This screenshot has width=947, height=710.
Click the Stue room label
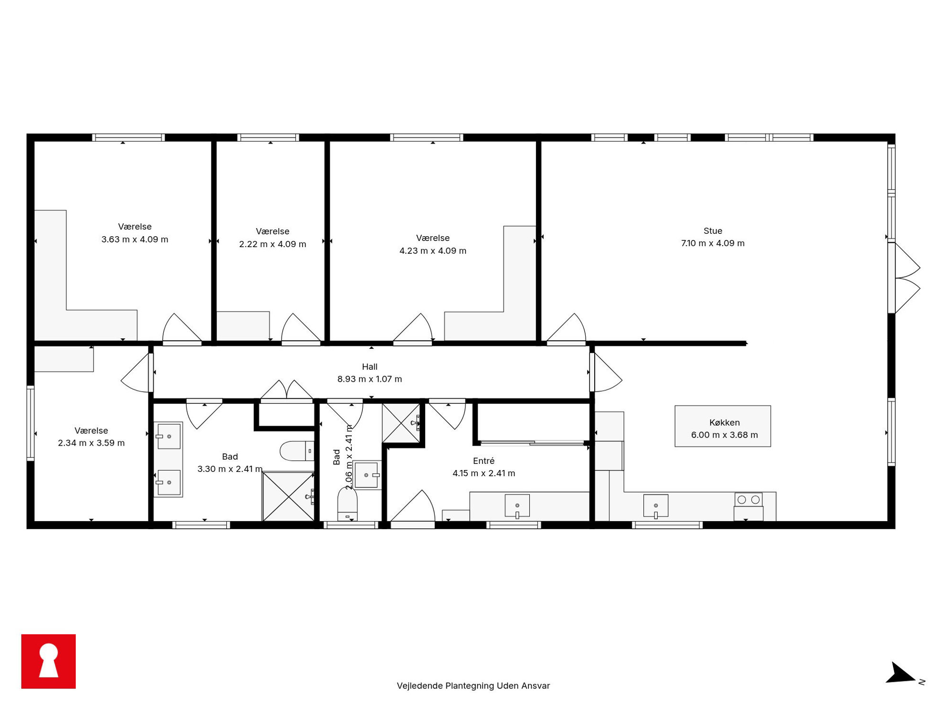(713, 231)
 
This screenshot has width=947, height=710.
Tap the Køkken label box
(723, 426)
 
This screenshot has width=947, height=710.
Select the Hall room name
(369, 367)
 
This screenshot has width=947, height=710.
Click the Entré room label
(484, 460)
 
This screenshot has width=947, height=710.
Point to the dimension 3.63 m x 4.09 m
(135, 240)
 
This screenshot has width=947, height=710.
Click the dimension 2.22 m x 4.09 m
(273, 244)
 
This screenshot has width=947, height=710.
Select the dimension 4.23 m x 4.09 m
(433, 251)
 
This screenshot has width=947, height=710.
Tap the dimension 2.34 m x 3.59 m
(91, 443)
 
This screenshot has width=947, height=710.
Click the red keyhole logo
(49, 661)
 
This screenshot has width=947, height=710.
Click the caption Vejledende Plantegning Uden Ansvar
(473, 686)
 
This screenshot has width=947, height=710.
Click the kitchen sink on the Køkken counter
(656, 506)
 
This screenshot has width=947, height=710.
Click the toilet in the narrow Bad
(347, 504)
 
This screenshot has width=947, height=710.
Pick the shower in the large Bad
(288, 496)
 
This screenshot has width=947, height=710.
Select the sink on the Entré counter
(517, 506)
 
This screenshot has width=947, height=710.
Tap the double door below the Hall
(286, 391)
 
